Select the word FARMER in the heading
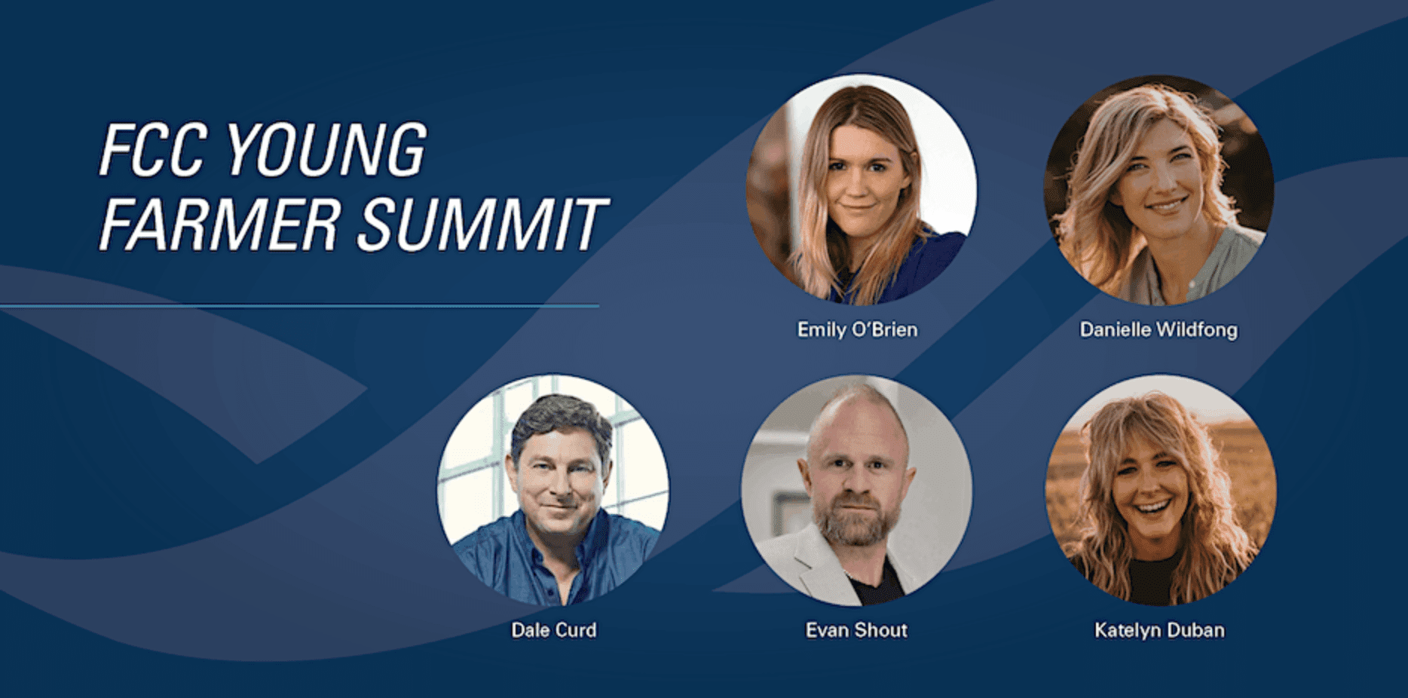[x=219, y=224]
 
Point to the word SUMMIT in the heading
[x=482, y=224]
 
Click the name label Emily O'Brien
[x=858, y=330]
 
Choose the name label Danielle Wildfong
[x=1159, y=330]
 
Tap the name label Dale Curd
[x=553, y=630]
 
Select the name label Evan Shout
[x=856, y=630]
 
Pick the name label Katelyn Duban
[x=1159, y=630]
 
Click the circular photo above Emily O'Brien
[x=861, y=189]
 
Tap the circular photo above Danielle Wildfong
[x=1159, y=190]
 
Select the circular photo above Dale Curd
[x=553, y=490]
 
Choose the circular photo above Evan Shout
[x=856, y=490]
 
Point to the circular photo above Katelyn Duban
[x=1161, y=490]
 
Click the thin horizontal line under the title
[x=299, y=306]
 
